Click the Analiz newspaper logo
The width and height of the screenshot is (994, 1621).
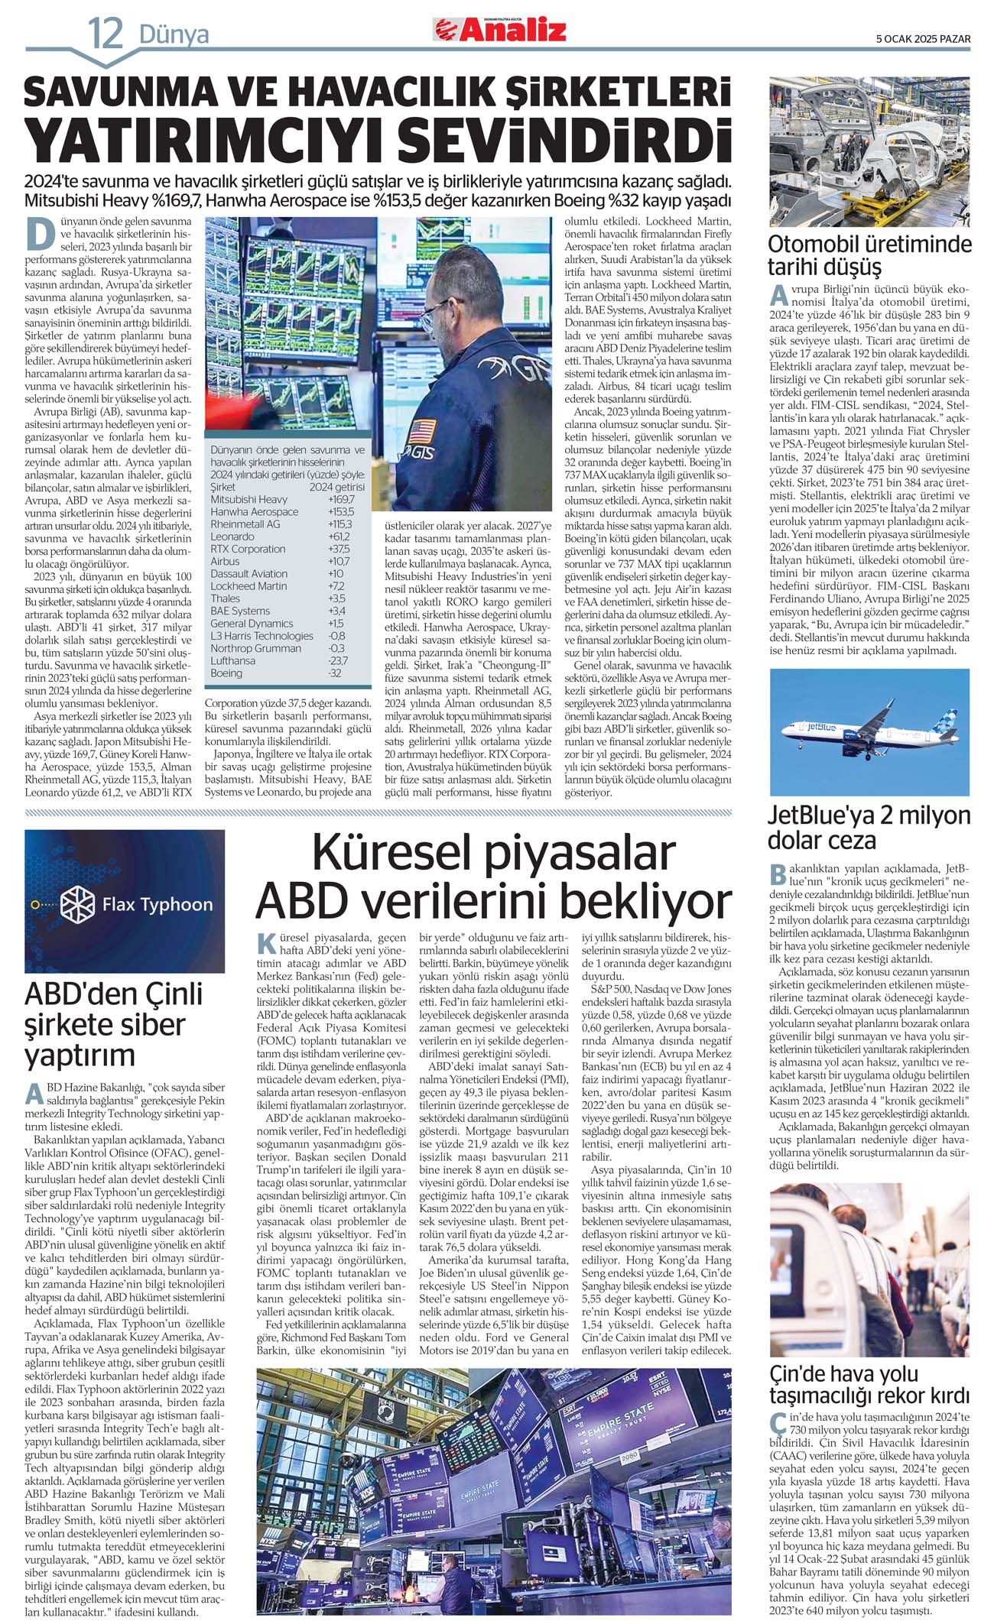[501, 30]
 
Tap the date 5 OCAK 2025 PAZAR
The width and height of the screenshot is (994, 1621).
[923, 38]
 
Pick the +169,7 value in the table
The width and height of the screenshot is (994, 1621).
[341, 499]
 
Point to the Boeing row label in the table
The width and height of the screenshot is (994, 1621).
[226, 673]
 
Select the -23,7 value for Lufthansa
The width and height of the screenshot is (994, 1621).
[337, 660]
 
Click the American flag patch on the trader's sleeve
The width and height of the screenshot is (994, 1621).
[422, 433]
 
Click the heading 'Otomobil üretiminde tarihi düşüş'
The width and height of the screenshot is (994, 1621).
[869, 256]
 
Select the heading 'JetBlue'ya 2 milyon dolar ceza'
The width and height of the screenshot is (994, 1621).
[869, 828]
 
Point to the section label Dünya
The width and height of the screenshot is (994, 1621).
[174, 34]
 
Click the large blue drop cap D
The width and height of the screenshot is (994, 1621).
[41, 234]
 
